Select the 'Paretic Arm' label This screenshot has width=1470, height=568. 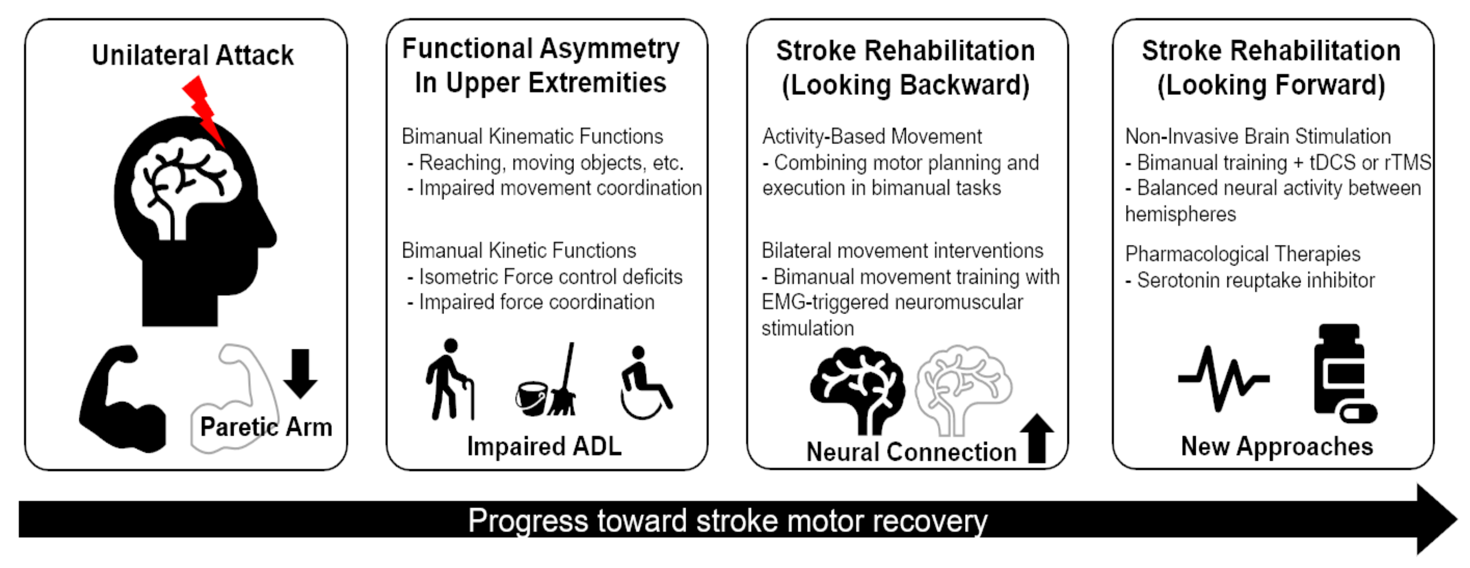[266, 427]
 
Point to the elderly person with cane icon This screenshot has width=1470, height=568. [450, 379]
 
